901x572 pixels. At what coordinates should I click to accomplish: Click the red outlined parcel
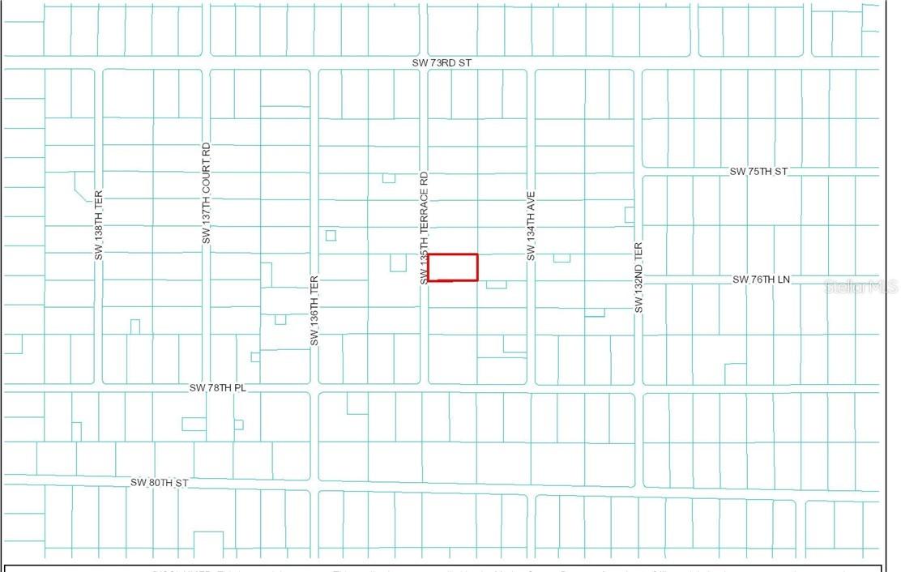coord(453,267)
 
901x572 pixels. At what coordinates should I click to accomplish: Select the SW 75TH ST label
coord(758,172)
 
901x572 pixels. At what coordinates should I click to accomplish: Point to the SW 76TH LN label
coord(761,280)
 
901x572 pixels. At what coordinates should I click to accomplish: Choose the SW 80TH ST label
coord(160,483)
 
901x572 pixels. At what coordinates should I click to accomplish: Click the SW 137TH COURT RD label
coord(206,194)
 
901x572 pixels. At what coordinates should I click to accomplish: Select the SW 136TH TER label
coord(314,312)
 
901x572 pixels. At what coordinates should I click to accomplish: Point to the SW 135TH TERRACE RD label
coord(423,228)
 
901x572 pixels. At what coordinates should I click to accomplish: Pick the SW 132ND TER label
coord(638,278)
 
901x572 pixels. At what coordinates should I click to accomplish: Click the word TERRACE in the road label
coord(423,211)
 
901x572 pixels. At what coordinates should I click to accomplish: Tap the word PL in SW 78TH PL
coord(240,388)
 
